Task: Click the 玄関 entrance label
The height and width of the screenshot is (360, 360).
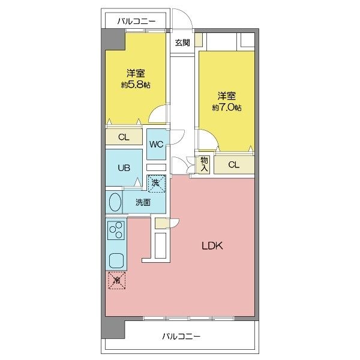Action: (182, 43)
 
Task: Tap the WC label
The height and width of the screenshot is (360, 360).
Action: (156, 145)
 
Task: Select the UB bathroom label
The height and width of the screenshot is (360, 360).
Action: (124, 168)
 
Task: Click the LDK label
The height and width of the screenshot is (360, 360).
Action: (212, 246)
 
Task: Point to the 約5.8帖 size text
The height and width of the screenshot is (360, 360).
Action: (136, 85)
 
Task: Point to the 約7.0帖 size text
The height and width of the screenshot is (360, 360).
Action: (227, 107)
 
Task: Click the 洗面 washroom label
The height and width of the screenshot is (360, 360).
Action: (143, 203)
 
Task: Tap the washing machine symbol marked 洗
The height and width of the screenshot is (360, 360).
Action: (157, 184)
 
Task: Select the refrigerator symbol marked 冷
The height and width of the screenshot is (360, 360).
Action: (117, 280)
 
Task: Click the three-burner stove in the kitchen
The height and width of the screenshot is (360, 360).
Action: (116, 230)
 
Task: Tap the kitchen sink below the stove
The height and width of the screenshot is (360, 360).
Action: (116, 260)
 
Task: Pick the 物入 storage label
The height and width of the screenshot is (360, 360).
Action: (204, 164)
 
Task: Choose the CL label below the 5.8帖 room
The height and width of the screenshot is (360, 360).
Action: (124, 137)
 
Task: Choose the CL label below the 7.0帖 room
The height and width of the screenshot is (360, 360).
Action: (234, 164)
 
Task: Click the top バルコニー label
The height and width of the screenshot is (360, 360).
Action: (137, 22)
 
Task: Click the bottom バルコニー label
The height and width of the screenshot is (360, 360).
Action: (181, 337)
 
